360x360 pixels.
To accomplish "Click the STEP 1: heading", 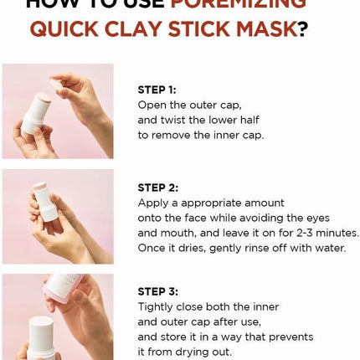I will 157,89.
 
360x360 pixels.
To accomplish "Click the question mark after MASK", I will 303,30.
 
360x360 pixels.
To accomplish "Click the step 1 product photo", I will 57,111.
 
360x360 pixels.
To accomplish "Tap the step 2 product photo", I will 57,216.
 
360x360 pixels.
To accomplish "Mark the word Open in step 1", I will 153,104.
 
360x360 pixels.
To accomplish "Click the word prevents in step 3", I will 285,337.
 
